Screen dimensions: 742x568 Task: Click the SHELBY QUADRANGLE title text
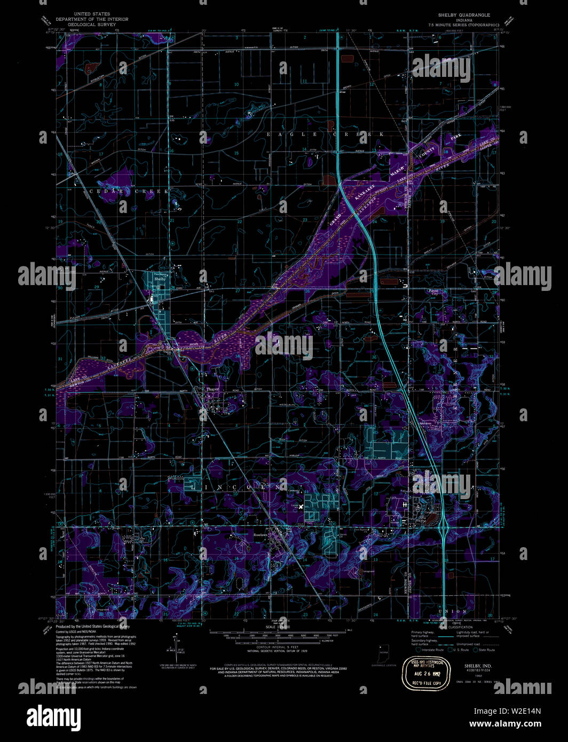(463, 15)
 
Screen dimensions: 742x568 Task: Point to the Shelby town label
(160, 279)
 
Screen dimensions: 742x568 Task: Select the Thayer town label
(212, 390)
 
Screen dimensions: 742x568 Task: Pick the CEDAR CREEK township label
(129, 191)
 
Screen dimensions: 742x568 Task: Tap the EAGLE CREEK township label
(325, 134)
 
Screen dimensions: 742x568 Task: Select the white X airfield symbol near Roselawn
(301, 506)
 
